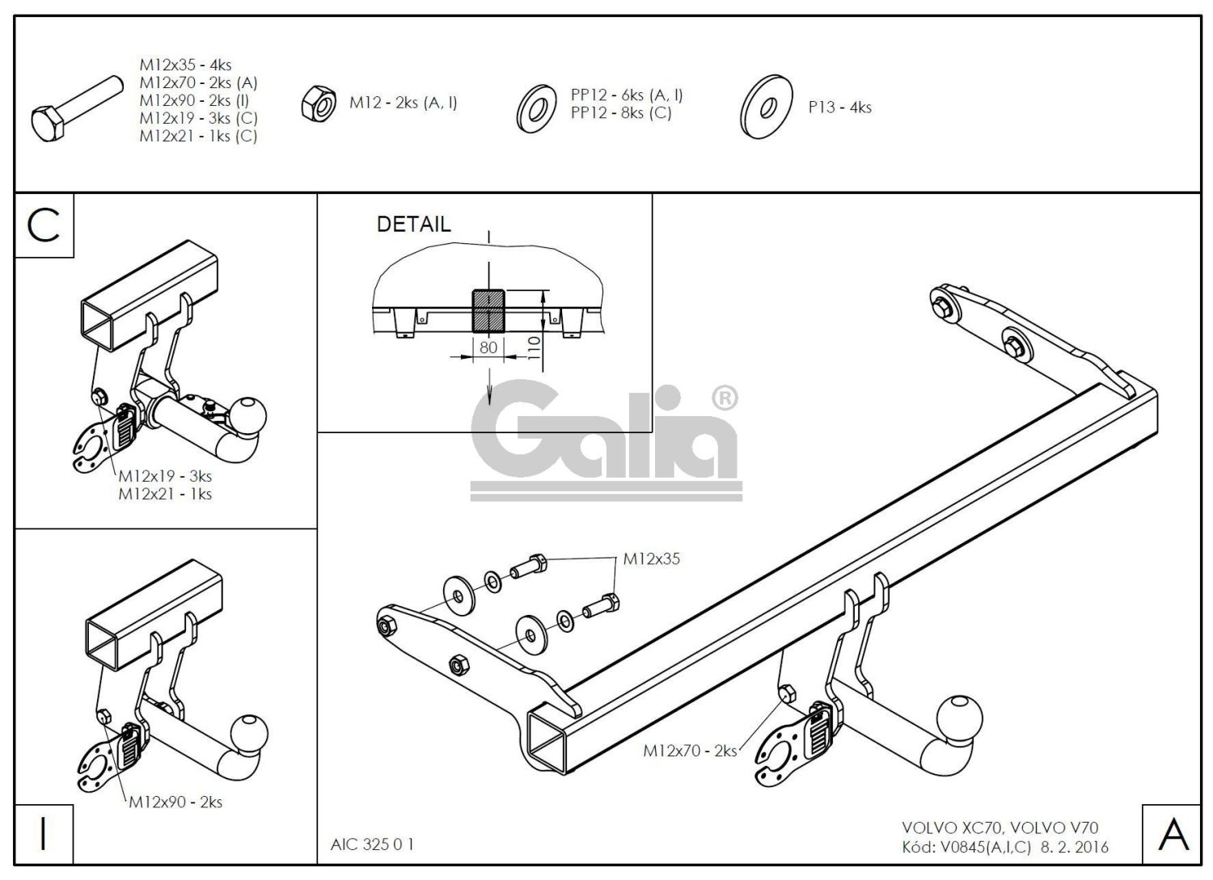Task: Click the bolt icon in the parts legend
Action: (x=77, y=107)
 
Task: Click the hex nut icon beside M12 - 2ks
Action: (x=319, y=104)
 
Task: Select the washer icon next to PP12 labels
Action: (x=535, y=107)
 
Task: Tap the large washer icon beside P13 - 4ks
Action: (x=765, y=107)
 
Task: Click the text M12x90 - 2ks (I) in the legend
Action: (x=194, y=100)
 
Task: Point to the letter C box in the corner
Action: (x=44, y=226)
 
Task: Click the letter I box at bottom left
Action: (x=44, y=834)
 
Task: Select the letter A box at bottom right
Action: (x=1173, y=834)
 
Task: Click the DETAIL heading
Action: (x=413, y=225)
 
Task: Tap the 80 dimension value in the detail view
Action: (x=488, y=347)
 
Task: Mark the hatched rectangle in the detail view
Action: (x=488, y=310)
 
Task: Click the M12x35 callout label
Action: (x=651, y=559)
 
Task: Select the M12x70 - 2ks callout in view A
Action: (x=690, y=751)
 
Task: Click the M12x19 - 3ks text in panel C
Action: (x=165, y=476)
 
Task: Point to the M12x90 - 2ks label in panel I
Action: (x=175, y=802)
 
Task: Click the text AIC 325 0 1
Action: (x=372, y=844)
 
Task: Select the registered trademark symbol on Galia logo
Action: (x=723, y=398)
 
